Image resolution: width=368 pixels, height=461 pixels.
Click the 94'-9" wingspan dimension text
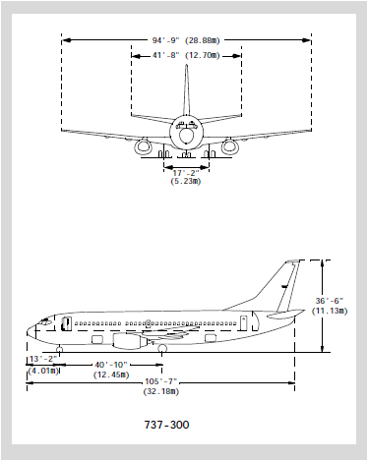pyautogui.click(x=165, y=40)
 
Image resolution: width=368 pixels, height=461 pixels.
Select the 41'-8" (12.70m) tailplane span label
pyautogui.click(x=186, y=55)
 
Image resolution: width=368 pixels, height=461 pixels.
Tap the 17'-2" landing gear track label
pyautogui.click(x=186, y=173)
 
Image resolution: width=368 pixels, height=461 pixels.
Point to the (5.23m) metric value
pyautogui.click(x=186, y=181)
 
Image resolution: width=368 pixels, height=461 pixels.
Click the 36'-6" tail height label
pyautogui.click(x=330, y=301)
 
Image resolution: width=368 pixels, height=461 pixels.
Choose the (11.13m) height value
pyautogui.click(x=330, y=311)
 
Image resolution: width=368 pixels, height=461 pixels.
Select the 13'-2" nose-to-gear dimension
pyautogui.click(x=43, y=359)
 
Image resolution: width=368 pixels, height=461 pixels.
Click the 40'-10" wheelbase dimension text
pyautogui.click(x=111, y=365)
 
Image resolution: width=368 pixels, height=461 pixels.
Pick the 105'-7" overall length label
pyautogui.click(x=161, y=381)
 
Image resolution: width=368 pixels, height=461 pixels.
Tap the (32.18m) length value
pyautogui.click(x=161, y=391)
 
